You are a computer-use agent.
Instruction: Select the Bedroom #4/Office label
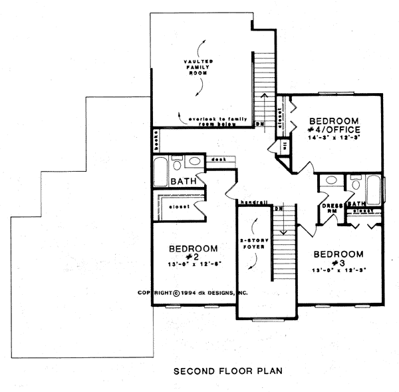(x=334, y=124)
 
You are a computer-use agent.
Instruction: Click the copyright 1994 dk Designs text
(x=192, y=292)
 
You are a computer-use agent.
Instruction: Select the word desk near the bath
(x=219, y=160)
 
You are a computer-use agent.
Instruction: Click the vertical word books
(x=155, y=140)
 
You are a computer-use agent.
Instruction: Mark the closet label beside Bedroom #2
(x=178, y=206)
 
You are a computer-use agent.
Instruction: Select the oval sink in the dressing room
(x=331, y=180)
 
